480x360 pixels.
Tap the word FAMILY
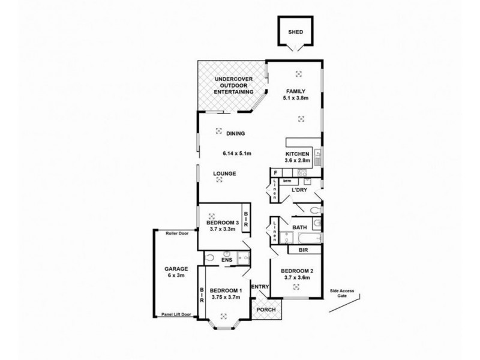click(x=295, y=92)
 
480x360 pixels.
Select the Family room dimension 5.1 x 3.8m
click(x=295, y=98)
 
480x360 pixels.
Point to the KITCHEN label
click(x=297, y=154)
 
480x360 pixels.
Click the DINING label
click(x=235, y=134)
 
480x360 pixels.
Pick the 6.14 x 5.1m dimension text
click(x=236, y=154)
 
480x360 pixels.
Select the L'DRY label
click(x=299, y=190)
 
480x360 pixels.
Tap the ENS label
click(x=226, y=260)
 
